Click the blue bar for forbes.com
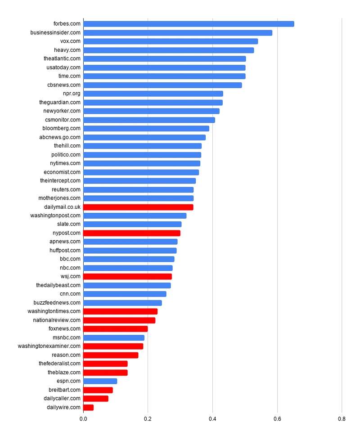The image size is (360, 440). pos(189,24)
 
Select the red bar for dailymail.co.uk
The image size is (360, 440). pos(138,207)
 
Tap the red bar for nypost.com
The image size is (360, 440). pos(131,233)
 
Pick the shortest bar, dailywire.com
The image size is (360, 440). pos(88,408)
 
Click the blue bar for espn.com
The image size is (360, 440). pos(100,381)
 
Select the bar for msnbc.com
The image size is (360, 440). pos(114,338)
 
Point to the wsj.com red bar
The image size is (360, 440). pos(127,277)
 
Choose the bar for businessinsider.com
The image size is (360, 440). pos(178,33)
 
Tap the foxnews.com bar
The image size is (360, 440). pos(115,329)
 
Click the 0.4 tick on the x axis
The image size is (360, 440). pos(212,419)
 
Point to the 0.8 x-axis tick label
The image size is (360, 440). pos(342,419)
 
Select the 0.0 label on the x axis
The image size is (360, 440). pos(83,419)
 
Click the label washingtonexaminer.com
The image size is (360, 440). pos(49,346)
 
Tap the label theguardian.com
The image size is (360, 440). pos(60,103)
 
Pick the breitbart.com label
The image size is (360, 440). pos(64,390)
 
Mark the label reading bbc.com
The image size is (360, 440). pos(70,259)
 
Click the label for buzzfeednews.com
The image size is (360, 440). pos(57,303)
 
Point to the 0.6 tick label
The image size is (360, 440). pos(277,419)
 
